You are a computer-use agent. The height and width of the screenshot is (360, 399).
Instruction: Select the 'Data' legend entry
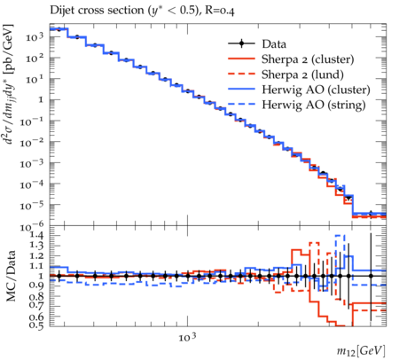coord(274,44)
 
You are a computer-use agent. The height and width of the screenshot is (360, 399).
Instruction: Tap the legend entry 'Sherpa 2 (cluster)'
coord(308,59)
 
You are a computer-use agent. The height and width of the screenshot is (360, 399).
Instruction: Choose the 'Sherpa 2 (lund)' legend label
coord(302,74)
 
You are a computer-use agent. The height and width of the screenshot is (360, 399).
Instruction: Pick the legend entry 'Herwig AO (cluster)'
coord(316,90)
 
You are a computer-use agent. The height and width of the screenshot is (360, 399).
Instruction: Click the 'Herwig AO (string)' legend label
coord(314,105)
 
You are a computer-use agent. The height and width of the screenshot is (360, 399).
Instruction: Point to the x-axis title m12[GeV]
coord(361,351)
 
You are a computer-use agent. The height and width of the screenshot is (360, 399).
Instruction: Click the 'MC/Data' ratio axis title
coord(11,276)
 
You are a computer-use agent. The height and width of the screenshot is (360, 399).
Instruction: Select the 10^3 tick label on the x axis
coord(187,336)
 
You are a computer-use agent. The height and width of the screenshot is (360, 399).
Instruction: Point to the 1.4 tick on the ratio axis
coord(36,235)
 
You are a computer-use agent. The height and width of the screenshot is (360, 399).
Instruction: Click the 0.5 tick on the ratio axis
coord(36,325)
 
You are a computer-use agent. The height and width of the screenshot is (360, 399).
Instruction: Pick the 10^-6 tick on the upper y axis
coord(32,226)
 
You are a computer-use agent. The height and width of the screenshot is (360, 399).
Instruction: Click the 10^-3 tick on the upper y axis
coord(32,163)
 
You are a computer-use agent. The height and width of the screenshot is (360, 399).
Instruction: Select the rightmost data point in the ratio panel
coord(371,276)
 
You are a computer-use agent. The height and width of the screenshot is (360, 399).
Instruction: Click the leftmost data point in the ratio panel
coord(59,276)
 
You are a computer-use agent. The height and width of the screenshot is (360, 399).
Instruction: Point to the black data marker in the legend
coord(242,44)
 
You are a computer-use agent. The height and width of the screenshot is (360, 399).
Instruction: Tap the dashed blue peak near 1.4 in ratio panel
coord(340,235)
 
